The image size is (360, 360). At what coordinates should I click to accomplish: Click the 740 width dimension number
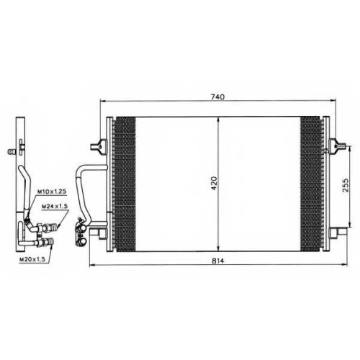tap(218, 97)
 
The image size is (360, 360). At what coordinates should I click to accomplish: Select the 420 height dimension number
tap(214, 184)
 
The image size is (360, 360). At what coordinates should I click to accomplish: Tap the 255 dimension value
tap(346, 185)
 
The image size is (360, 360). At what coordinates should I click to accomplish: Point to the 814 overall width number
tap(218, 261)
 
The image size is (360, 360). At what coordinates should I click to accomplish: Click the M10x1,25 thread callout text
tap(52, 192)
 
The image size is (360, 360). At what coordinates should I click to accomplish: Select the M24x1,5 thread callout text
tap(55, 206)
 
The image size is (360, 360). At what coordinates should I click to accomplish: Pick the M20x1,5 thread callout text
tap(32, 259)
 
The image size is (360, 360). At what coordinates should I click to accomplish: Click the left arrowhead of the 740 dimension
tap(103, 101)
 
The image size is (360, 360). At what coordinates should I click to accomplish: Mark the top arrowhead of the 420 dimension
tap(218, 120)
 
